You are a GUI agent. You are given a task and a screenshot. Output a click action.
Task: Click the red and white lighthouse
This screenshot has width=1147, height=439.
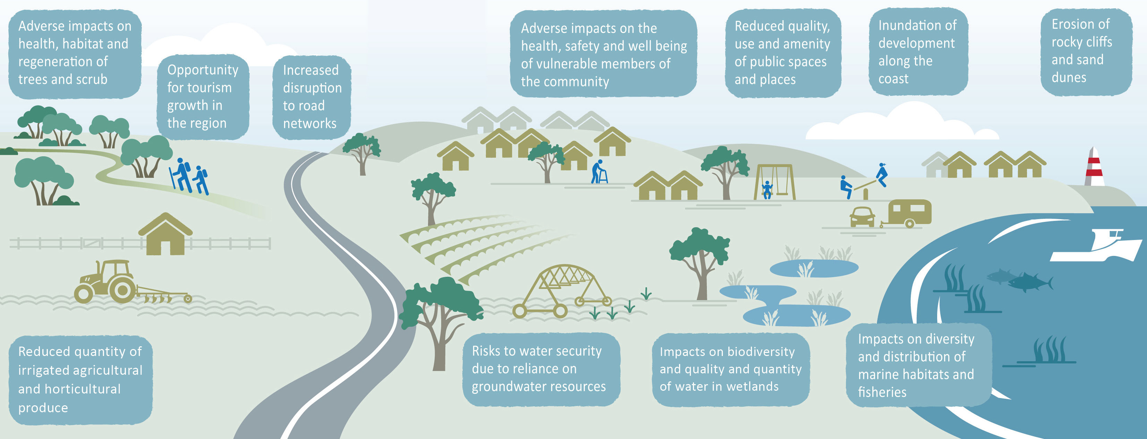pos(1094,167)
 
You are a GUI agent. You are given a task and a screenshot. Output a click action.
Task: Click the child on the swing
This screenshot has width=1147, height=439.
pos(767,189)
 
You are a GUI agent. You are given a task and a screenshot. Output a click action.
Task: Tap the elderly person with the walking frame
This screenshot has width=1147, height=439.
pos(599,172)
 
